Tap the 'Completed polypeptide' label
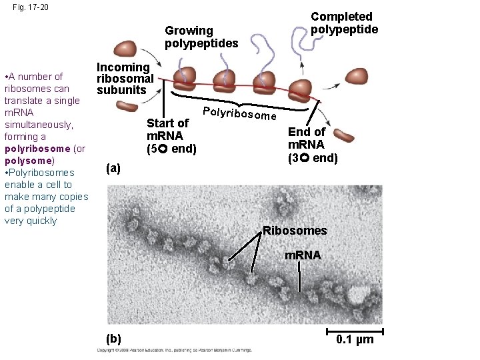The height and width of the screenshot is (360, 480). pyautogui.click(x=344, y=23)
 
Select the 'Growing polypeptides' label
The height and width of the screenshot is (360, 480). pyautogui.click(x=201, y=37)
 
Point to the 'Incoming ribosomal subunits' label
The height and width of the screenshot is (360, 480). pyautogui.click(x=125, y=78)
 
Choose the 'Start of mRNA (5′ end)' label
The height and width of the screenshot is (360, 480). pyautogui.click(x=171, y=135)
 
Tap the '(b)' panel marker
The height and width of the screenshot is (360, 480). pyautogui.click(x=113, y=339)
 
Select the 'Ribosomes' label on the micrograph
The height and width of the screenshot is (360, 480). pyautogui.click(x=295, y=231)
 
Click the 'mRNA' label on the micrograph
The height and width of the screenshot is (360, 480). pyautogui.click(x=302, y=255)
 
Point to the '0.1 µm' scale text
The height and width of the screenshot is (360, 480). pyautogui.click(x=355, y=340)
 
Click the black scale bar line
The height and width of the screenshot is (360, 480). pyautogui.click(x=355, y=331)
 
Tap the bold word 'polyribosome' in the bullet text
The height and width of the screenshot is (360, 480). pyautogui.click(x=39, y=149)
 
